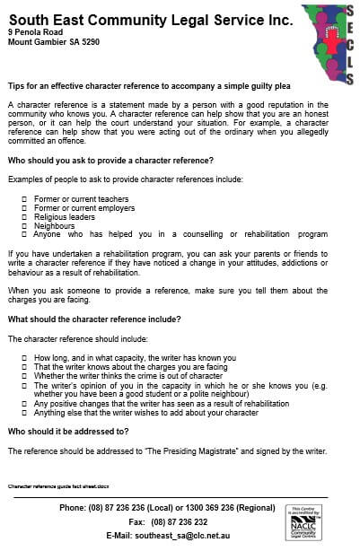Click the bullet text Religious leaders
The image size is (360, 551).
click(64, 216)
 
